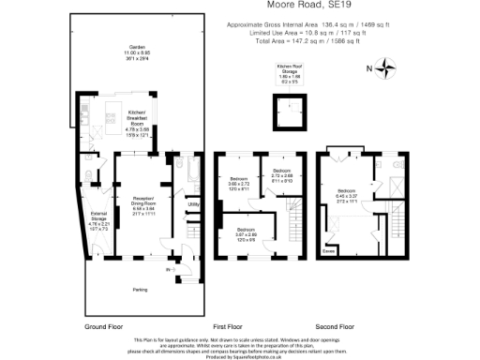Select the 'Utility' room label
193,203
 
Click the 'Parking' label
139,289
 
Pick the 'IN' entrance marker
169,271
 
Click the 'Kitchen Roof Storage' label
287,70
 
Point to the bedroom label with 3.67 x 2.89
247,233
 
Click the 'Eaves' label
328,250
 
